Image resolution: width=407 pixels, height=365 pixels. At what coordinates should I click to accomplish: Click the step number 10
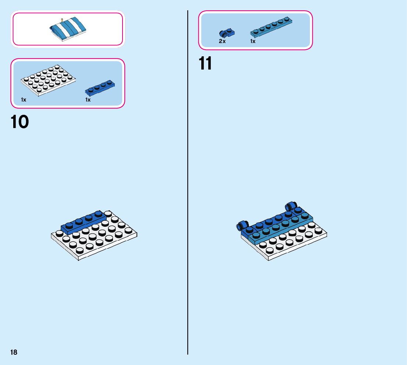coord(20,122)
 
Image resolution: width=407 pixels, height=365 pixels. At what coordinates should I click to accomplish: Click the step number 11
coord(205,64)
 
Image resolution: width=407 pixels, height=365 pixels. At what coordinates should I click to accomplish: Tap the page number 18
coord(14,352)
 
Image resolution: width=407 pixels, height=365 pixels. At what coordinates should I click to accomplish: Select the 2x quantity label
coord(222,42)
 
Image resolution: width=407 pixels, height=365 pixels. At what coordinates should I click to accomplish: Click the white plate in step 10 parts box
coord(49,81)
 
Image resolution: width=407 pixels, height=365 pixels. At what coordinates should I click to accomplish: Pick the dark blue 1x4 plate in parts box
coord(100,88)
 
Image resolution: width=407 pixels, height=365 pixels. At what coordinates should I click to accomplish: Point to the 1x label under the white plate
coord(24,100)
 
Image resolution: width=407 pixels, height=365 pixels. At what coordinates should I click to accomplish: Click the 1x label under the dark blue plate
coord(88,100)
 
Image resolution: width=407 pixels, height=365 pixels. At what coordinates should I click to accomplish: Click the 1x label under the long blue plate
coord(253,42)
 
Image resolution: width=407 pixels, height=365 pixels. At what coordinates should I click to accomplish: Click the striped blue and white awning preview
coord(68,28)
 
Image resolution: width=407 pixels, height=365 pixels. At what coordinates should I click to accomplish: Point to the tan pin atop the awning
coord(62,19)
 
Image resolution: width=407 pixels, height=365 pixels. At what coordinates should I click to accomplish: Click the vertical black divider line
coord(188,184)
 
